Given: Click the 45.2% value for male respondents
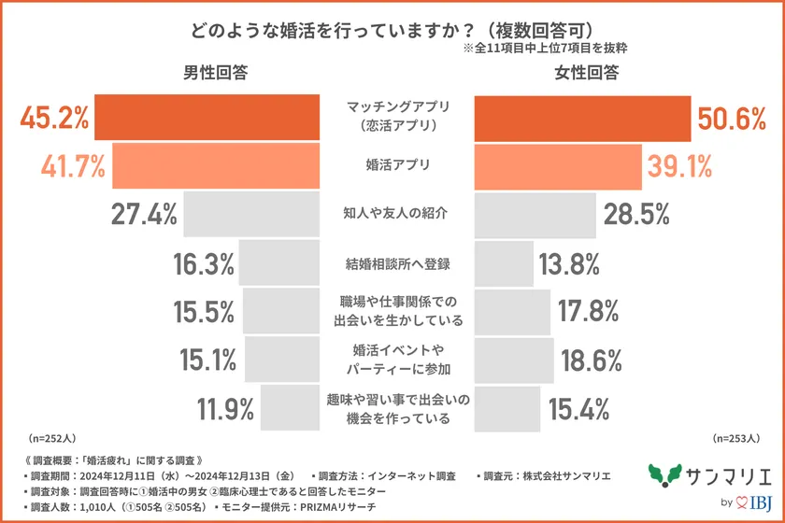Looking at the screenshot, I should pos(54,118).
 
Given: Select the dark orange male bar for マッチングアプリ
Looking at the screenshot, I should pos(207,117).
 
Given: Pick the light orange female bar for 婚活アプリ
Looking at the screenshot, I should pos(555,165).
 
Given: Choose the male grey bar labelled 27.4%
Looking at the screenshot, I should pos(251,214).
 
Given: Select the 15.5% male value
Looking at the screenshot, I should pos(204,311).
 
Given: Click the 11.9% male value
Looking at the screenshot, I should pos(225,408).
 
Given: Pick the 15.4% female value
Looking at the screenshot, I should pos(579,408).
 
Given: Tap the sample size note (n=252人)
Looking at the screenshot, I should pos(53,437).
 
